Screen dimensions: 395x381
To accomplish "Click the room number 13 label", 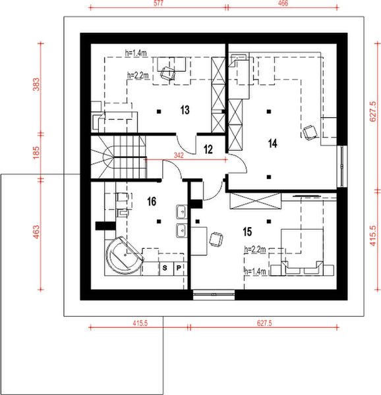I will (185, 110).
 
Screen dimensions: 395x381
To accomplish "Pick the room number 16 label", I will (151, 201).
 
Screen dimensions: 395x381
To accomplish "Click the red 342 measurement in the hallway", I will (178, 155).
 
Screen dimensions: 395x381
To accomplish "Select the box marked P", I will (178, 268).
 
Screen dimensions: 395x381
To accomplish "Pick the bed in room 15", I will (302, 251).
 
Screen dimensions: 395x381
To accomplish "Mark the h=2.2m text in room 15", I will (254, 250).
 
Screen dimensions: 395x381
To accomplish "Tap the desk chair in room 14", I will (309, 132).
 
